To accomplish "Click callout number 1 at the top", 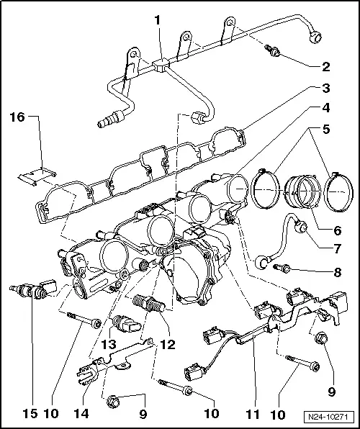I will coord(157,21).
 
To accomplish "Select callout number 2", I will coord(326,68).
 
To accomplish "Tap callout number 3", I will coord(326,89).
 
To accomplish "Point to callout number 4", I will coord(326,109).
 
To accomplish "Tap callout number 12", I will coord(166,345).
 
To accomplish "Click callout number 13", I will coord(109,345).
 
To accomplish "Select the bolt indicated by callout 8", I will coord(282,268).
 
